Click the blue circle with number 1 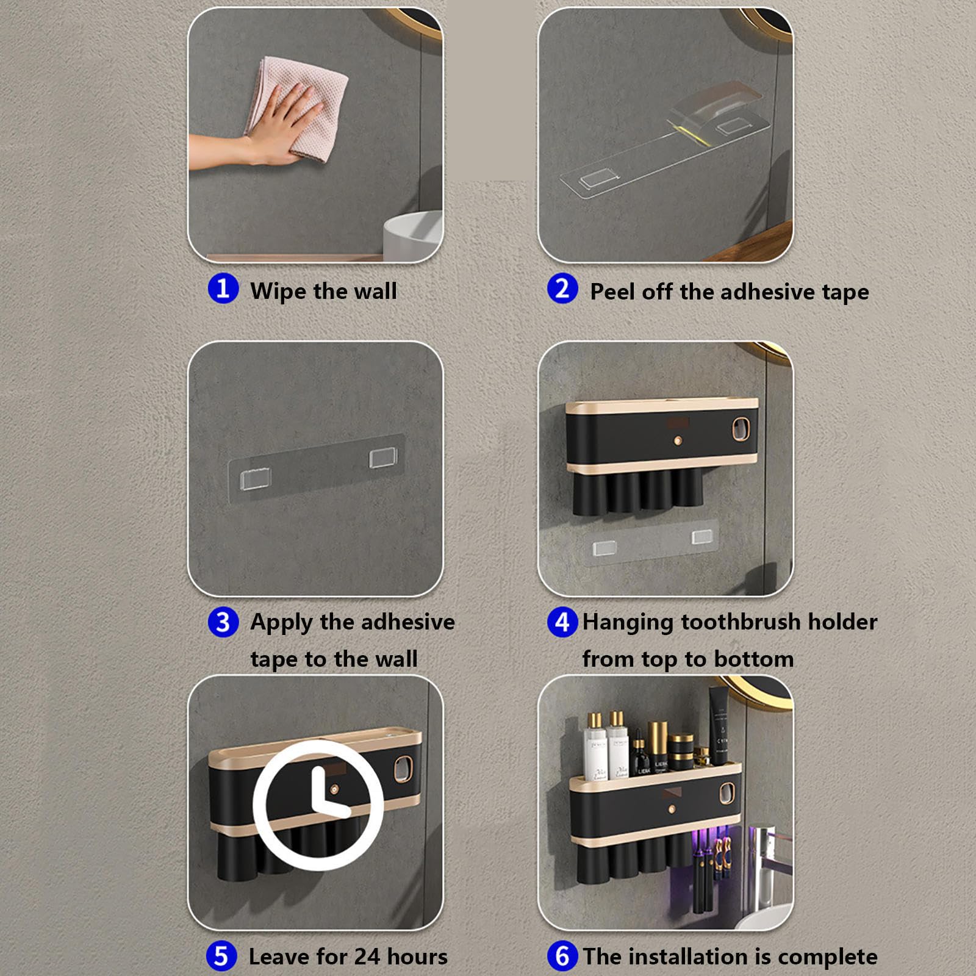click(223, 288)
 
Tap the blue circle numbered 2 click(562, 289)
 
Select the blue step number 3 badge click(223, 622)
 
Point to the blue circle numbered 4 click(562, 622)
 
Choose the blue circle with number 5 click(221, 956)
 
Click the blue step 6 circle click(562, 956)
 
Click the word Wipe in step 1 click(278, 291)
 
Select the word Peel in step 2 click(612, 292)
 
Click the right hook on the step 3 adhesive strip click(383, 457)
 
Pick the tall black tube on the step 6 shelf click(719, 726)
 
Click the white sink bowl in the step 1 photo click(413, 236)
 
